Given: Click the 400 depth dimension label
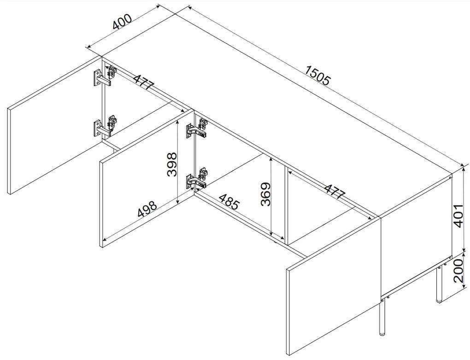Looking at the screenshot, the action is (122, 22).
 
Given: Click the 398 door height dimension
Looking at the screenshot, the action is (172, 165).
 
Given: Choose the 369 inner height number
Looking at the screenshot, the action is (265, 194).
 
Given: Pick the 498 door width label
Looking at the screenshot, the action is (147, 209).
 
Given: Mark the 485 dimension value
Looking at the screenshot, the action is (229, 202).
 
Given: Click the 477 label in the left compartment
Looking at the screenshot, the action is (144, 82).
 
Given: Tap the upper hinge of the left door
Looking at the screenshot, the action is (105, 77).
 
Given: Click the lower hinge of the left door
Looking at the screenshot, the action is (105, 127).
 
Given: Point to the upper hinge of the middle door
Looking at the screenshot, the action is (197, 128).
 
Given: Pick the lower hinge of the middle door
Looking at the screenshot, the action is (197, 179).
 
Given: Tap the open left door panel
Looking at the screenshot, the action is (55, 125).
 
